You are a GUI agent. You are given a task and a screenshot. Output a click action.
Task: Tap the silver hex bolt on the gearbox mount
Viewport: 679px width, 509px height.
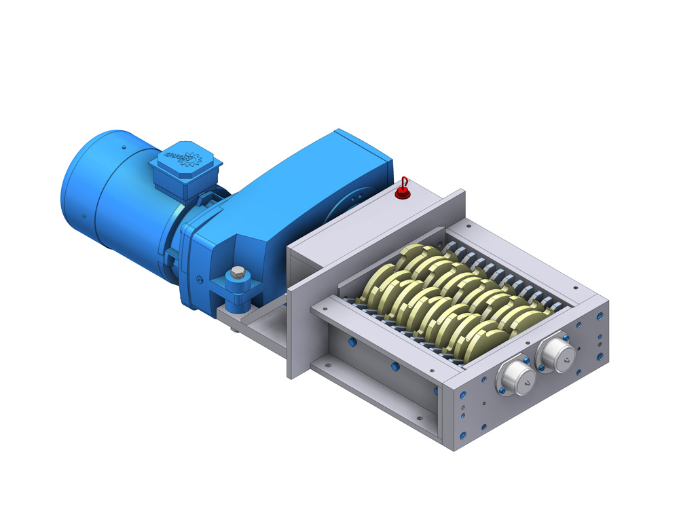[x=237, y=273]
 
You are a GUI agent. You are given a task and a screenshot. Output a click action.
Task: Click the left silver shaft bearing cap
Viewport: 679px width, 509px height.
[x=515, y=377]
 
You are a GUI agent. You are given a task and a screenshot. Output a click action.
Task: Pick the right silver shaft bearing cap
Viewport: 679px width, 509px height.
[x=557, y=354]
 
